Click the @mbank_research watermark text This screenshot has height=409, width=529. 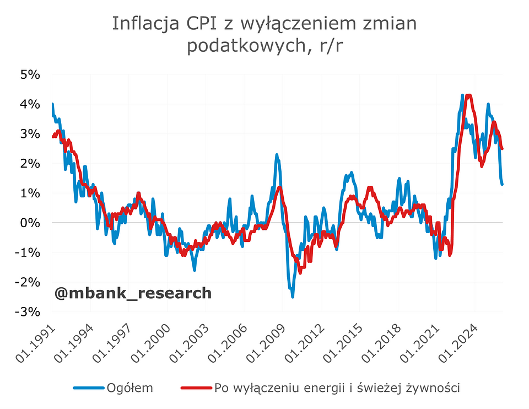133,293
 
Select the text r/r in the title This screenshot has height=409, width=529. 330,46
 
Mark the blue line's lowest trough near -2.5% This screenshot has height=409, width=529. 292,297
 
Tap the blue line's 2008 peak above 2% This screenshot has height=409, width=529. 277,155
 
